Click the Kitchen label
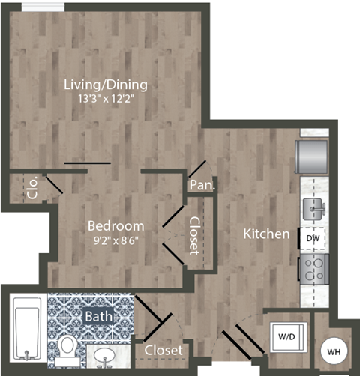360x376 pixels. pos(266,234)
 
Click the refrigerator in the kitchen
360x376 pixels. pos(313,156)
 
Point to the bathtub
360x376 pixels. pos(28,327)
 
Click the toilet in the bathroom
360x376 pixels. pos(68,348)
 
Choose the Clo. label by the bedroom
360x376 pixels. pos(31,190)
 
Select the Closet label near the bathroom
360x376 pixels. pos(163,351)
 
